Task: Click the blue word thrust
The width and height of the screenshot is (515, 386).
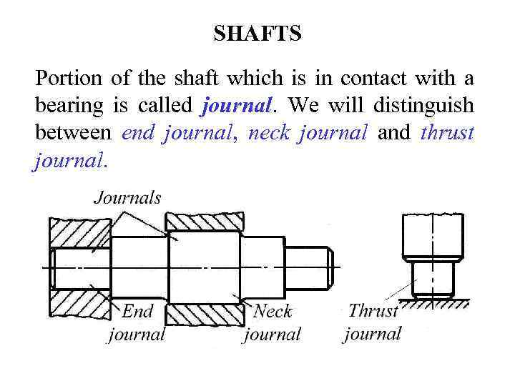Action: point(448,133)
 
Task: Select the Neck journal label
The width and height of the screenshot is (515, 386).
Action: point(273,322)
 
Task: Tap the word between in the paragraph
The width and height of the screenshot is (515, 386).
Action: point(72,133)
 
